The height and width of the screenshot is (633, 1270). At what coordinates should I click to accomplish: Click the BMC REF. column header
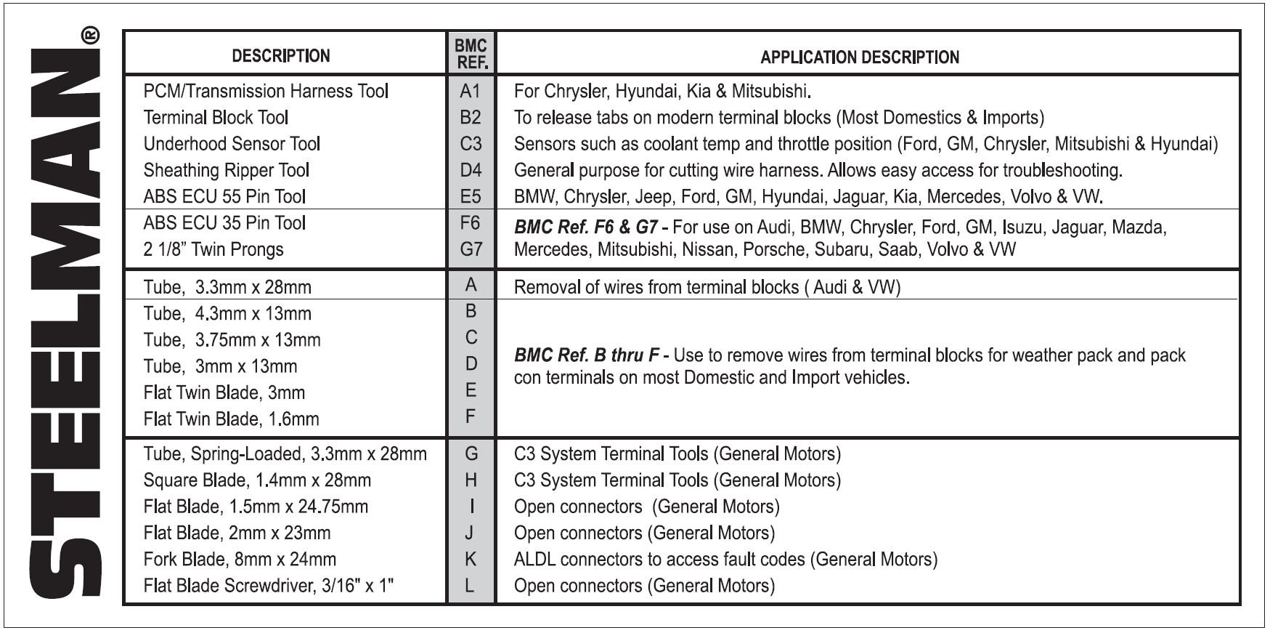(x=471, y=54)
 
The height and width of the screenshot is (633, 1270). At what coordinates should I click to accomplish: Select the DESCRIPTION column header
(x=281, y=56)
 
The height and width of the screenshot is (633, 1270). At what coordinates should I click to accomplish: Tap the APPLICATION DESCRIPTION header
(x=860, y=57)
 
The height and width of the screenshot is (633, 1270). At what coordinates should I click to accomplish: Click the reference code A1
(x=471, y=91)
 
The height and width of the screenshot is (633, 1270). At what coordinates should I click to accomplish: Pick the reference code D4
(x=471, y=170)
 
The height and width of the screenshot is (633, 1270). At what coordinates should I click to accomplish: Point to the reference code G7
(x=471, y=249)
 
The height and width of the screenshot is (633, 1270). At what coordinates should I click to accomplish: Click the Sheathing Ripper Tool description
(x=227, y=170)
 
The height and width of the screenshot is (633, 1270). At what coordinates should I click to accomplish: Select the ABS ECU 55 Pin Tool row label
(x=224, y=196)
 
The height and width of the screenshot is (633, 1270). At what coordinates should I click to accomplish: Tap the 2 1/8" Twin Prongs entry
(x=213, y=249)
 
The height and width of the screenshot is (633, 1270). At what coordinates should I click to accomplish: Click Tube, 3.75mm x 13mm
(x=232, y=340)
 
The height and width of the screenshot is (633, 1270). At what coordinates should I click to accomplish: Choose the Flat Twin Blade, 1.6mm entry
(x=232, y=419)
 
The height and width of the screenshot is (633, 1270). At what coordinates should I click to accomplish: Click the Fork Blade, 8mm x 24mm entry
(x=240, y=560)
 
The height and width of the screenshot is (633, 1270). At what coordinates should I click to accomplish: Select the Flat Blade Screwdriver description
(x=269, y=586)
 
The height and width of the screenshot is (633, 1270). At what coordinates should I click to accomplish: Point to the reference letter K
(x=471, y=560)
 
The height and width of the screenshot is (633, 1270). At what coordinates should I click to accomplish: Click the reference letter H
(x=471, y=480)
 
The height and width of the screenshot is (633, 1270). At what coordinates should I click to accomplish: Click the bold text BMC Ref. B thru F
(x=587, y=356)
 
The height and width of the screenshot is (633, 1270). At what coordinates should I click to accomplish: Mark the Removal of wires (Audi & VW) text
(x=707, y=287)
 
